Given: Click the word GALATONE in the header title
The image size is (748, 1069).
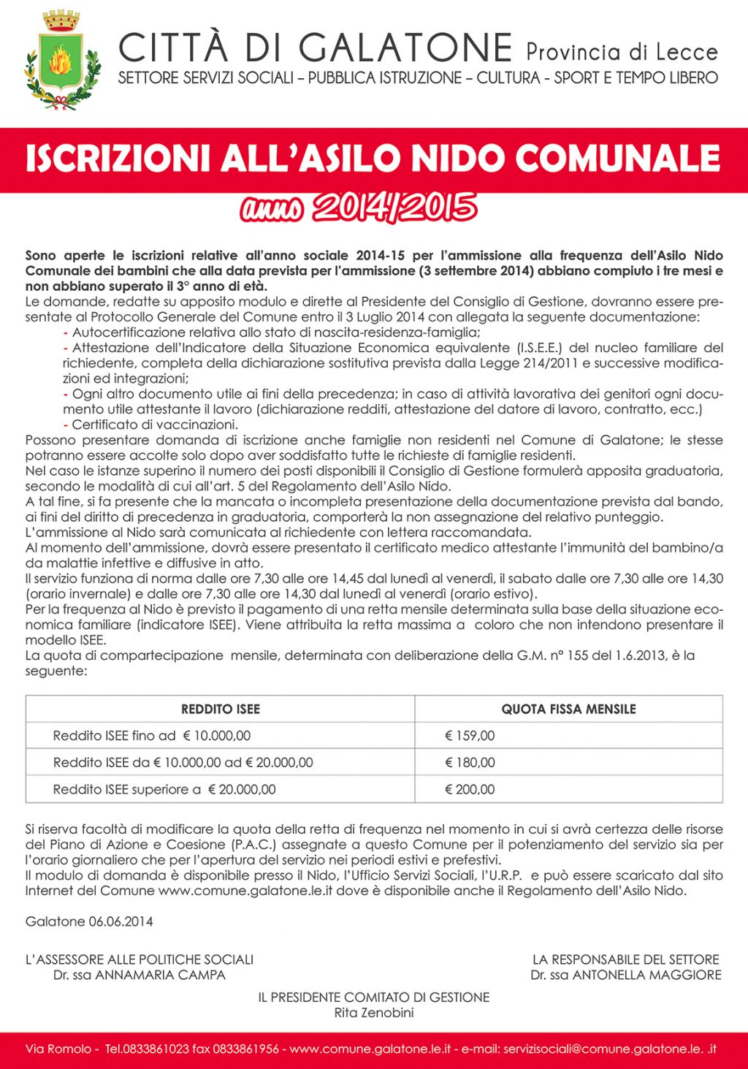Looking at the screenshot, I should coord(406,47).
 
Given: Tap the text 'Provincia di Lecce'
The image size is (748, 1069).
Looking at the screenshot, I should coord(622,52).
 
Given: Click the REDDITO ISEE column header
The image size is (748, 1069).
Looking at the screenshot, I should coord(220,709).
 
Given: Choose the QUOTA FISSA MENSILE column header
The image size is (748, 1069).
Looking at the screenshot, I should coord(568,709).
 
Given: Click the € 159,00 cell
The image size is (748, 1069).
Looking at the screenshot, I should coord(470,736).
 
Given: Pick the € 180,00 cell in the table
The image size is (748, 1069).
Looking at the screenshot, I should coord(470,763).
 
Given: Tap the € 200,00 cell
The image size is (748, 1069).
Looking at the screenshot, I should coord(470,789).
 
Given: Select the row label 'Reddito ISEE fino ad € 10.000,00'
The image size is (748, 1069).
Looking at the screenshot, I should coord(152,736).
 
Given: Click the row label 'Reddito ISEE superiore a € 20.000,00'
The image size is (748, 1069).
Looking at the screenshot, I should coord(164,789).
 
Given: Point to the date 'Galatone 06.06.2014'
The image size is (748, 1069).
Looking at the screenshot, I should coord(89,921).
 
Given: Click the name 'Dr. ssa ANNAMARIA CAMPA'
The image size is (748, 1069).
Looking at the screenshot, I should coord(140,975).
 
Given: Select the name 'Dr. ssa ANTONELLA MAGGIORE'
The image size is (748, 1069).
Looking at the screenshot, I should coord(626,975).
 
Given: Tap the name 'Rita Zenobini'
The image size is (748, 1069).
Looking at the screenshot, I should coord(374,1013).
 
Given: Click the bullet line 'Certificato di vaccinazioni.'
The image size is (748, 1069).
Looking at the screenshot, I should coord(155,425).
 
